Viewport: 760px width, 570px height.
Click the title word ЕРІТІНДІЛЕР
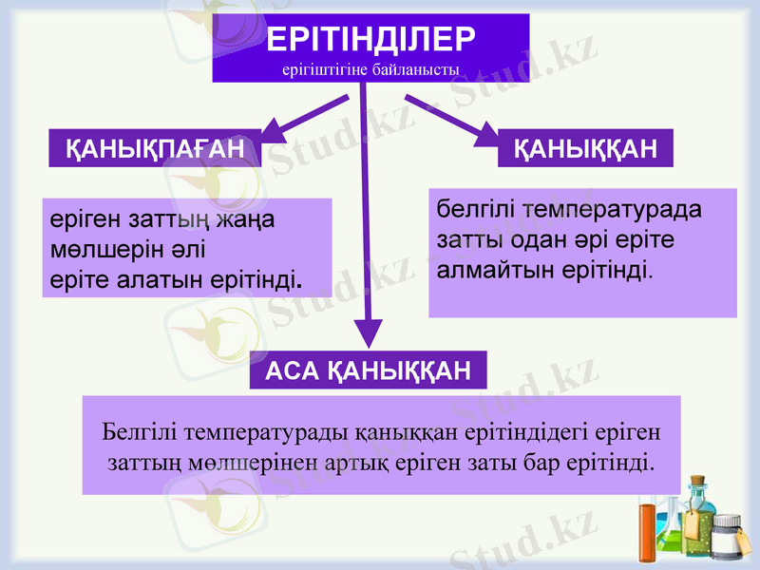(x=370, y=39)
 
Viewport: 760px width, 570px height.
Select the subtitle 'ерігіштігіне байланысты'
(x=370, y=69)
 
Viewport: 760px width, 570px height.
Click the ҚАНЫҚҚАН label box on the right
(x=585, y=148)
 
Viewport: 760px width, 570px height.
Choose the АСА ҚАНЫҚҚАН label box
(x=368, y=370)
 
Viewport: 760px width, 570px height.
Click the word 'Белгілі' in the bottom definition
(x=138, y=432)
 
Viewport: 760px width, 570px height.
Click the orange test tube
(x=648, y=534)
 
